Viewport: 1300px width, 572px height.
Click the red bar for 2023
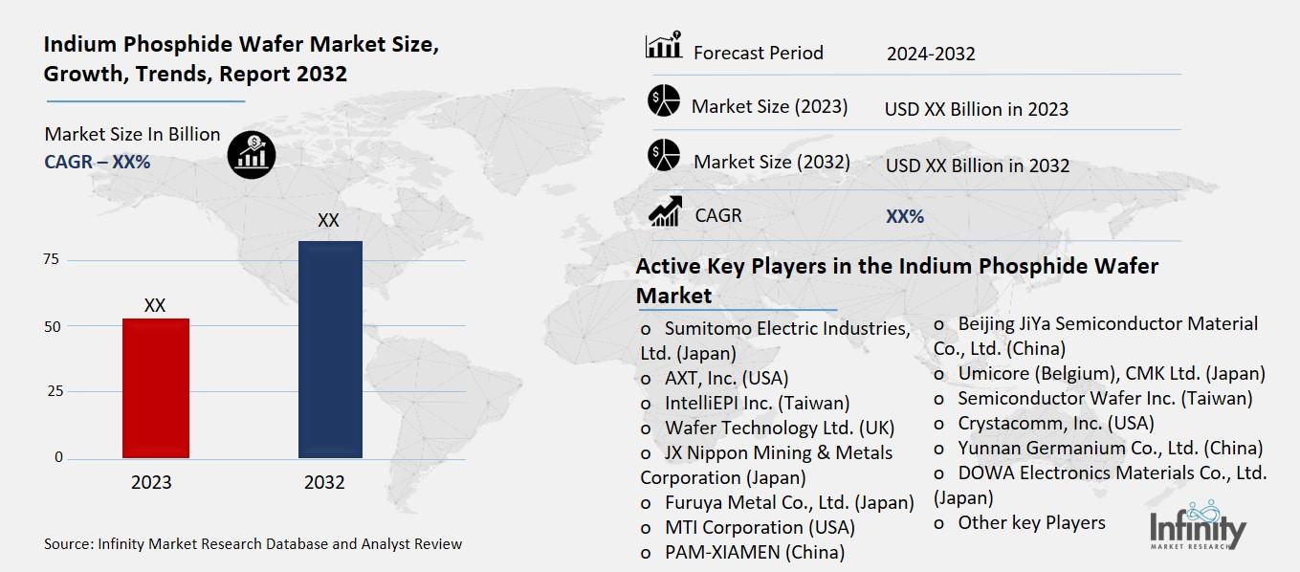155,387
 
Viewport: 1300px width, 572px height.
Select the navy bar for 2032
330,349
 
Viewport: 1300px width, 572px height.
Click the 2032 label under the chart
324,483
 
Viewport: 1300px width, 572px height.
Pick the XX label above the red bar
155,306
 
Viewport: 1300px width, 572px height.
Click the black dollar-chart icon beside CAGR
252,153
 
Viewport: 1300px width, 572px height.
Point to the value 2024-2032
931,54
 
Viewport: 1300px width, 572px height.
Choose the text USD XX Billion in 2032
977,165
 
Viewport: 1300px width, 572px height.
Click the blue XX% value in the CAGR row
905,217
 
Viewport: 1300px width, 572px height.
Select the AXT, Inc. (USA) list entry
726,378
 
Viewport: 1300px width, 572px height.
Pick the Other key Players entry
1030,522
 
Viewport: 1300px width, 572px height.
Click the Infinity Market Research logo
1197,527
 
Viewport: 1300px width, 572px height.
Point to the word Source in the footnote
68,544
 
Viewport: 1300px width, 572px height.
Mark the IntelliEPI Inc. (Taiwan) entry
757,403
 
